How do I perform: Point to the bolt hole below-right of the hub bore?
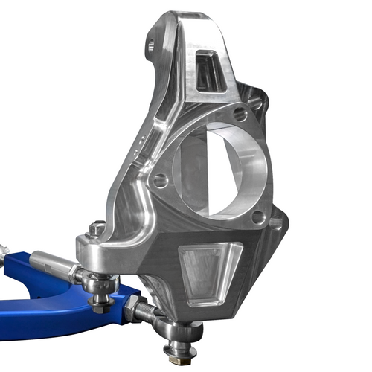(x=258, y=217)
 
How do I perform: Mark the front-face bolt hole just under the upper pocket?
(x=239, y=114)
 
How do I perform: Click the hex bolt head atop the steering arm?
(x=94, y=229)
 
